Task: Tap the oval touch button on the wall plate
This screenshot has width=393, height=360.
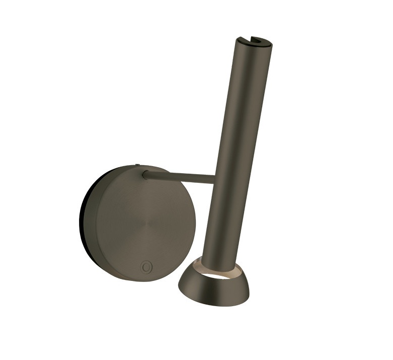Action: tap(146, 266)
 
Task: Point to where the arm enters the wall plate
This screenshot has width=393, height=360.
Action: tap(145, 174)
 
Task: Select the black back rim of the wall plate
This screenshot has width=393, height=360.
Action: tap(82, 217)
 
